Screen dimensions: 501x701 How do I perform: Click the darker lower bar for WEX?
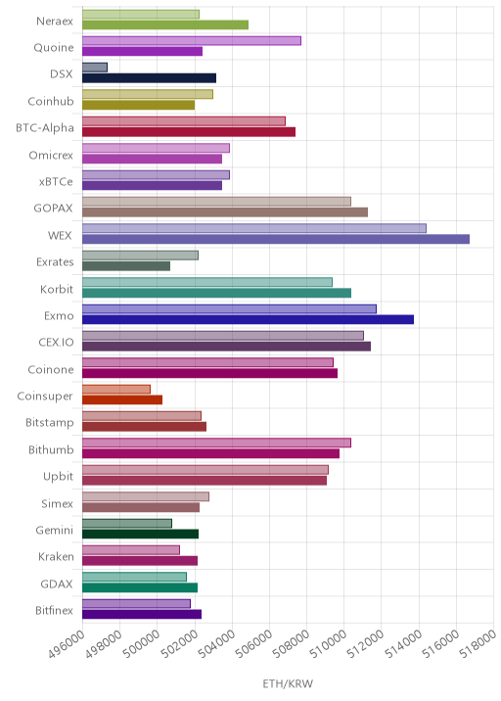[276, 239]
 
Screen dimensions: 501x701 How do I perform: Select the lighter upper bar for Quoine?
[192, 41]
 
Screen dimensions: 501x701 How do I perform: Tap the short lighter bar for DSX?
[95, 68]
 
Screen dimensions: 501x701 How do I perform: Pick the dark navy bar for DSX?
[150, 78]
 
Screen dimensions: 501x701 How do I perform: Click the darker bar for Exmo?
[248, 319]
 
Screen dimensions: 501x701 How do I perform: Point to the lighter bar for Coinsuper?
[116, 390]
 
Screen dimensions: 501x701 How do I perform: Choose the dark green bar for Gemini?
[140, 534]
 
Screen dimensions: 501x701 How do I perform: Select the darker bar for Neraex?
[165, 24]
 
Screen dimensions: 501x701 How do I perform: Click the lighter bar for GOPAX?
[217, 202]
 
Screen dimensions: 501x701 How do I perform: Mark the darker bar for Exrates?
[126, 266]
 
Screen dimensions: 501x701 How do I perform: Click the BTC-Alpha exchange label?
[45, 128]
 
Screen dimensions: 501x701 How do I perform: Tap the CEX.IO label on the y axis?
[56, 343]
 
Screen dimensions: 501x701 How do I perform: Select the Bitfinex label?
[54, 610]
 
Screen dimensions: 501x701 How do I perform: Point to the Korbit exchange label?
[57, 289]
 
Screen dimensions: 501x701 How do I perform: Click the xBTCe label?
[56, 181]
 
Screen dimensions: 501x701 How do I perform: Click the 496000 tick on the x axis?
[67, 644]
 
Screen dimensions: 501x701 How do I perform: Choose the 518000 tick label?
[478, 644]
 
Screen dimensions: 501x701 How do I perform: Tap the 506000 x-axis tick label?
[253, 644]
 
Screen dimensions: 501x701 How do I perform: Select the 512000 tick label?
[365, 644]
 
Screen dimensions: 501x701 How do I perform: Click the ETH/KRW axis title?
[288, 683]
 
